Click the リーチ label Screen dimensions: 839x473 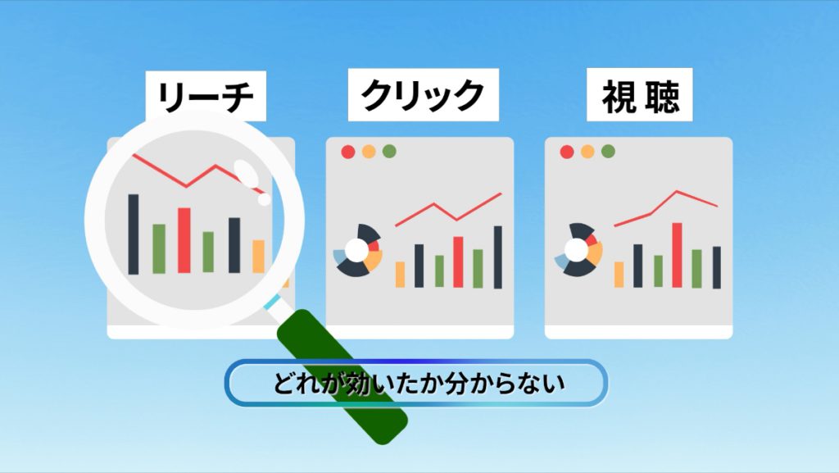click(x=206, y=96)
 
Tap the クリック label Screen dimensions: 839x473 click(x=424, y=95)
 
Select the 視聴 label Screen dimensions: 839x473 click(x=639, y=95)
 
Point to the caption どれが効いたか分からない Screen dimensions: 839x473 click(x=417, y=383)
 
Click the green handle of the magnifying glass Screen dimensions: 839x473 click(x=342, y=377)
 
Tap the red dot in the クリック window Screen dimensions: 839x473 click(x=347, y=152)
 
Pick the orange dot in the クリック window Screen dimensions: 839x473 click(x=369, y=152)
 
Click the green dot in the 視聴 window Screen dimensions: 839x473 click(x=608, y=152)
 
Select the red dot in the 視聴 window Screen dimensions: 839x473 click(x=567, y=152)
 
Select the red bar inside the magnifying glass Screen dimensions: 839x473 click(x=184, y=240)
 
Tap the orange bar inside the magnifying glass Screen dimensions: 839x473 click(x=258, y=257)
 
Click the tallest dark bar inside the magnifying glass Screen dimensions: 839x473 click(x=134, y=234)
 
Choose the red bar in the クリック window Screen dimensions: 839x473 click(x=458, y=262)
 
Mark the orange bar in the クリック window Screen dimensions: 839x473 click(x=400, y=275)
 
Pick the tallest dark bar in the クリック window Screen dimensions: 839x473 click(x=497, y=257)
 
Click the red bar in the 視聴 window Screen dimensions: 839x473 click(x=677, y=255)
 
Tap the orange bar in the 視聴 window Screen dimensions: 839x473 click(x=619, y=275)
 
